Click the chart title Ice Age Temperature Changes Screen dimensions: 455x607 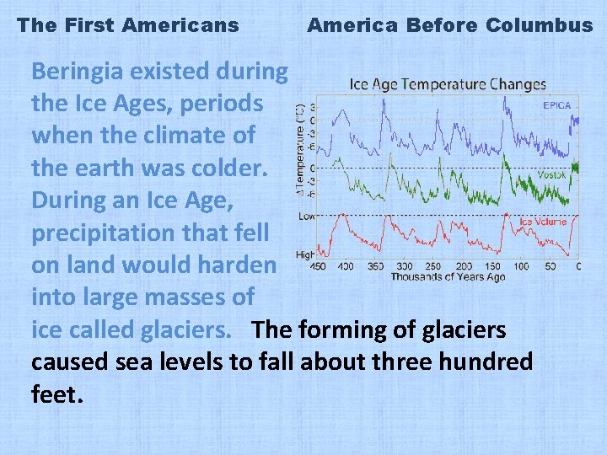pos(448,84)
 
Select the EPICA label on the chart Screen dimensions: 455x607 pos(556,106)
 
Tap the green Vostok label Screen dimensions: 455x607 pos(551,175)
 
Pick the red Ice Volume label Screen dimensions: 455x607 pos(543,222)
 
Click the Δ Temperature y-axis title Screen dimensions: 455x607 pos(301,148)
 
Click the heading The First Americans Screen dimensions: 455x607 pos(128,25)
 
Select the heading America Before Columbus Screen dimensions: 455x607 pos(450,25)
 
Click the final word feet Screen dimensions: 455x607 pos(55,394)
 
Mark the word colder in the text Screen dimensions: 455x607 pos(226,169)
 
